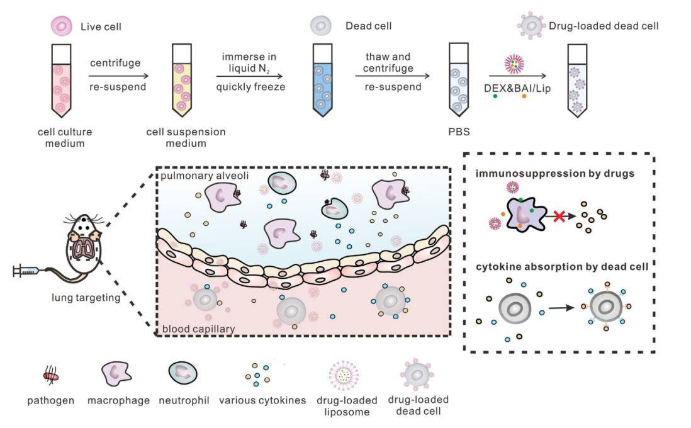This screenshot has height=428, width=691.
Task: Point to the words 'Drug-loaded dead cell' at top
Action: (x=604, y=26)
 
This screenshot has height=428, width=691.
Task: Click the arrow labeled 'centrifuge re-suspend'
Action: (x=118, y=75)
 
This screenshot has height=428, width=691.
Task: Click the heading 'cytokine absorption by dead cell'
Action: (x=563, y=267)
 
